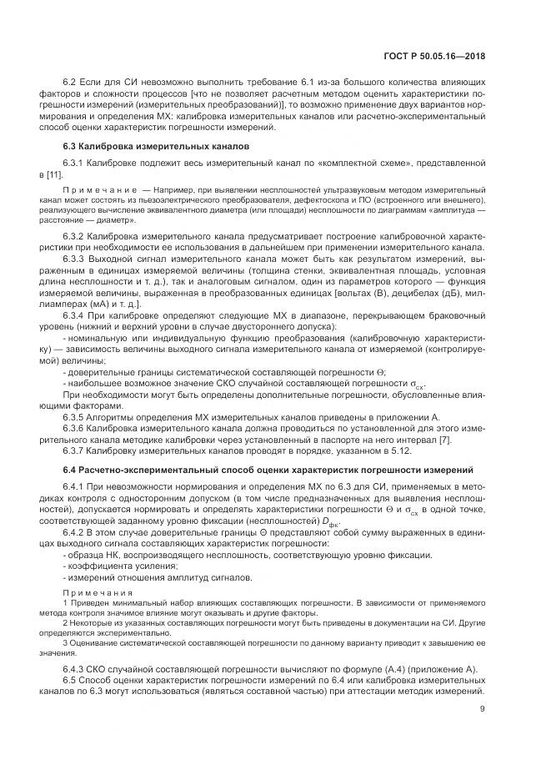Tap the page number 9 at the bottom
click(x=483, y=711)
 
